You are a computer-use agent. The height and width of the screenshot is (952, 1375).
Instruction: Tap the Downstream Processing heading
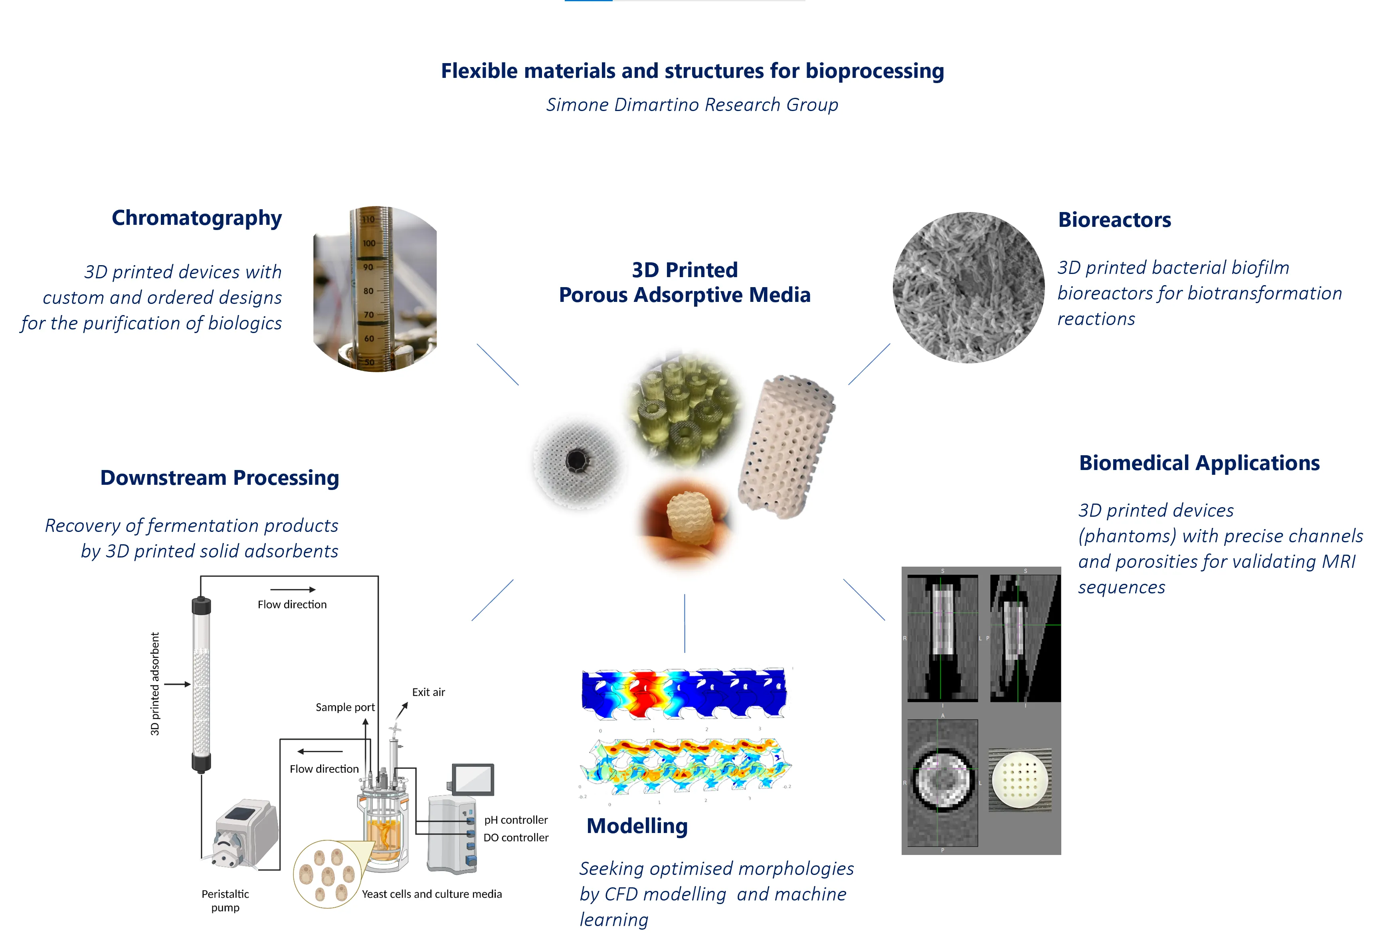point(220,478)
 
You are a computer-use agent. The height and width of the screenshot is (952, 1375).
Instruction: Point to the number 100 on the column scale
point(369,243)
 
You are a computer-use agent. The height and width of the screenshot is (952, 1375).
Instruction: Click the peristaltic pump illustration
point(244,835)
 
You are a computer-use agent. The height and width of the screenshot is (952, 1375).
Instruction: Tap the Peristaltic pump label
point(225,900)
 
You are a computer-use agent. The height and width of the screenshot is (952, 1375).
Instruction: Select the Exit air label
point(428,692)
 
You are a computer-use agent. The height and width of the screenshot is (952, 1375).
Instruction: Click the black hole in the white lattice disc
point(576,460)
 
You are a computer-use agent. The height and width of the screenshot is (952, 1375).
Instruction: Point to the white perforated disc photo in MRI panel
point(1020,779)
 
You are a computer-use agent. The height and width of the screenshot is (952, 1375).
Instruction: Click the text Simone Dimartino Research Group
point(691,105)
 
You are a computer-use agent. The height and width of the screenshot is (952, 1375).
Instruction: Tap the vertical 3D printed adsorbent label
point(155,684)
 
